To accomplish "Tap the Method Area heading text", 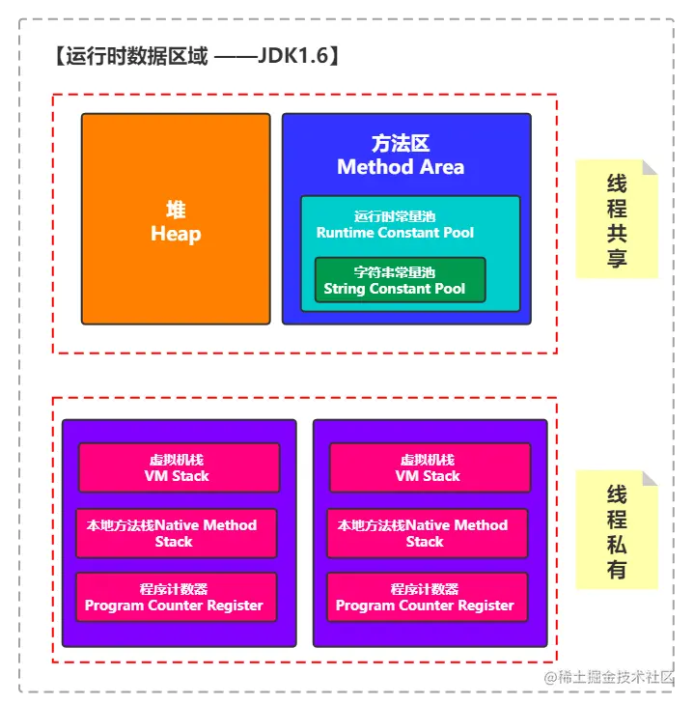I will click(x=401, y=167).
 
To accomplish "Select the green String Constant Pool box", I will click(x=400, y=280).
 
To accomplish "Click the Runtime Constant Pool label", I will click(x=395, y=233).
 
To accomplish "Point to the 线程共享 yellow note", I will click(x=616, y=221).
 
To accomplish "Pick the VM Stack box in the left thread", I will click(x=178, y=467).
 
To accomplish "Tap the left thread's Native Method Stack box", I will click(x=175, y=533).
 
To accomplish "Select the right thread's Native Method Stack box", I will click(x=426, y=533).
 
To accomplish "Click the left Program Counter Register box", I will click(x=175, y=597).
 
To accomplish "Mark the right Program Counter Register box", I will click(x=426, y=597).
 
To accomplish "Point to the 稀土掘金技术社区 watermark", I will click(x=617, y=677).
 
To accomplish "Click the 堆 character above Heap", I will click(x=176, y=211).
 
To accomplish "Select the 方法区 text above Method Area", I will click(x=401, y=144).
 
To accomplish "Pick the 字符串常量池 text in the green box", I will click(x=395, y=272).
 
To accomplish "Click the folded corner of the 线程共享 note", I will click(x=650, y=167).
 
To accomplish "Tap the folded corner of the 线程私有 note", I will click(x=650, y=478).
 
